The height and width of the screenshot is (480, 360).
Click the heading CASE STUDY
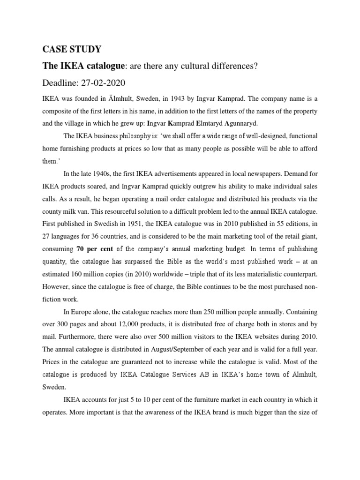(x=71, y=49)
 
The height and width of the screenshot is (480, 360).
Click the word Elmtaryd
(x=217, y=124)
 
